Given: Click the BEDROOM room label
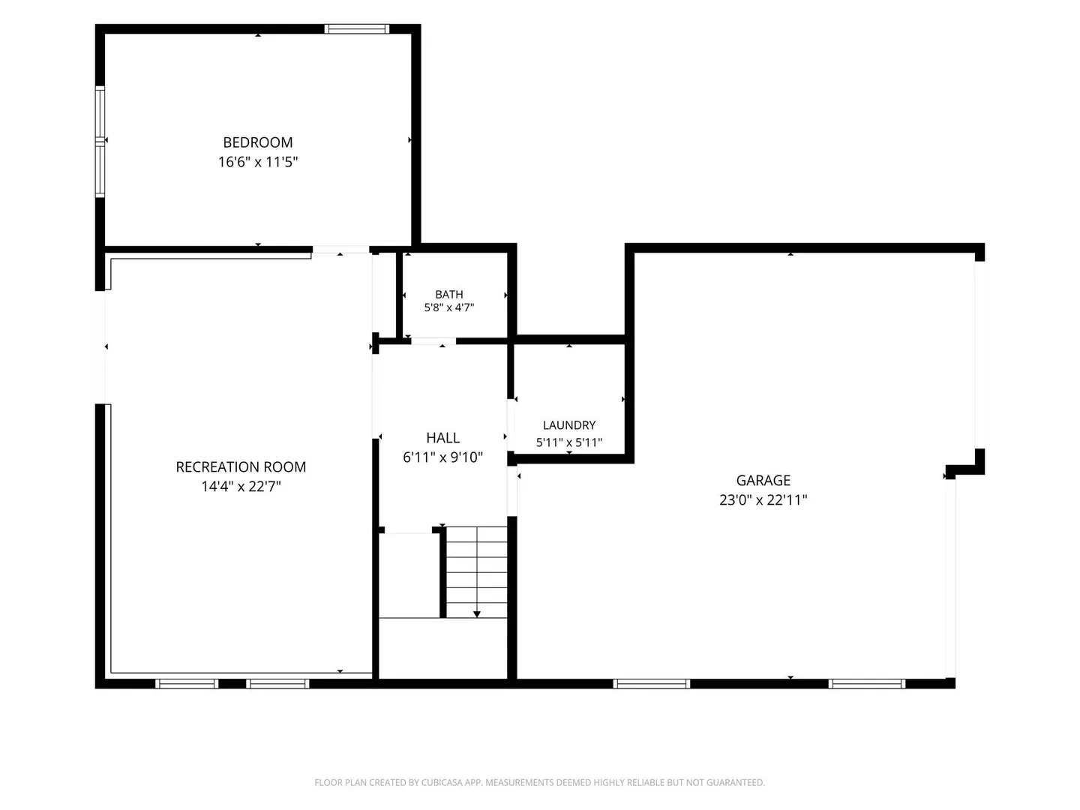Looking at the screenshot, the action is tap(258, 142).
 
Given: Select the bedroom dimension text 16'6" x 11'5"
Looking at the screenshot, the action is tap(258, 162).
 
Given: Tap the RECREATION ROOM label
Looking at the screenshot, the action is tap(241, 466).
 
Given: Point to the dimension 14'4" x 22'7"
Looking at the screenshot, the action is tap(241, 487).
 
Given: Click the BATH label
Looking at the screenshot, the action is tap(448, 294).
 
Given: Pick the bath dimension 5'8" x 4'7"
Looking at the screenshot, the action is tap(448, 307).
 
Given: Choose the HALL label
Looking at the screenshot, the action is tap(442, 438).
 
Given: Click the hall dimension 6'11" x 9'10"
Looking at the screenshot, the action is tap(442, 457).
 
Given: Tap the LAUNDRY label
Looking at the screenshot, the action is tap(568, 425).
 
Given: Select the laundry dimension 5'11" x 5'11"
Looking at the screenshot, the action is tap(568, 442).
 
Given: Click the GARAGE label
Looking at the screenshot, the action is tap(763, 480).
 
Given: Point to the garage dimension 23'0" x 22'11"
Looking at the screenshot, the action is tap(763, 499).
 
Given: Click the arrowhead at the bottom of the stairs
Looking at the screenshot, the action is tap(476, 613).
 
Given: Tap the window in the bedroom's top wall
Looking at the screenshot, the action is tap(357, 29).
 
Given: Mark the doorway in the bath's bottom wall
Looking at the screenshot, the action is tap(433, 340).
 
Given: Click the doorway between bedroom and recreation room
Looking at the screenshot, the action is tap(340, 249).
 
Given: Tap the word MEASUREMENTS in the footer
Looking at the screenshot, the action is tap(514, 782).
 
